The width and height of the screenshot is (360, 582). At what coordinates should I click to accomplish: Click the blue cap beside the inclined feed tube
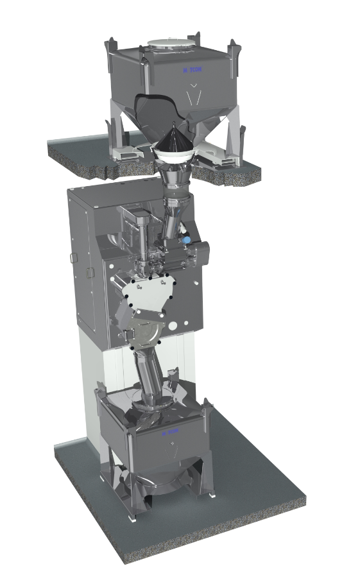(187, 239)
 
